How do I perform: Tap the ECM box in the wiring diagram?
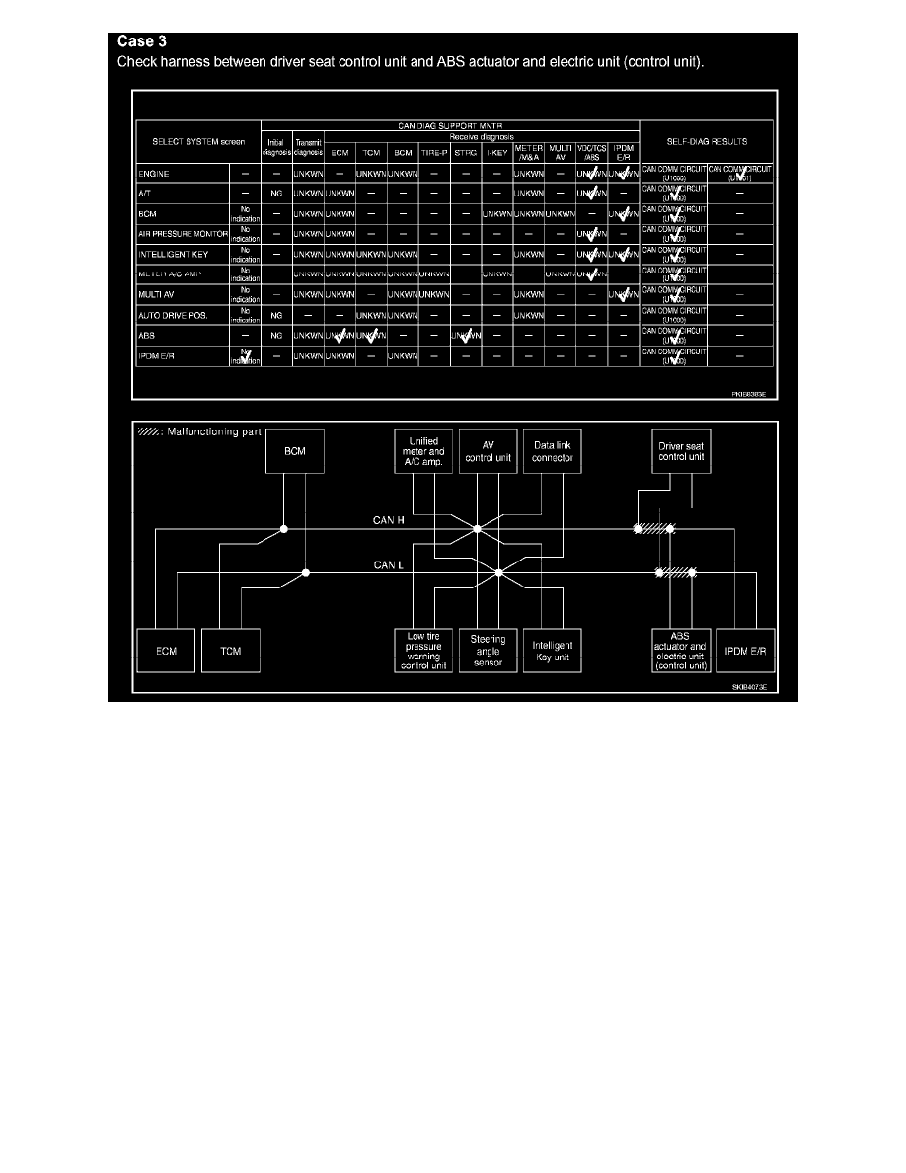[166, 652]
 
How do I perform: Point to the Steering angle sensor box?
[488, 651]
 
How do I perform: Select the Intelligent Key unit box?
[552, 652]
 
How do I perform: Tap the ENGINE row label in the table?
[156, 173]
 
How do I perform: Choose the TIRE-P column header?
[434, 153]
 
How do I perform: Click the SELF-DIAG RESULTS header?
[708, 142]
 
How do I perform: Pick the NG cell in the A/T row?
[276, 194]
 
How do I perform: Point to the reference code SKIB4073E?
[749, 686]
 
